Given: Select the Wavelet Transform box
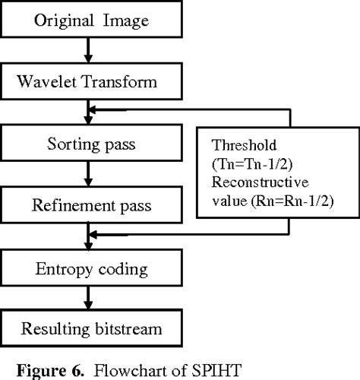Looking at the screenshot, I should point(90,80).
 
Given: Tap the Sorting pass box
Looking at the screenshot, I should point(90,141).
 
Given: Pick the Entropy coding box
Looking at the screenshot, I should point(90,268).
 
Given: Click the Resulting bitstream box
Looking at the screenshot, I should point(90,330).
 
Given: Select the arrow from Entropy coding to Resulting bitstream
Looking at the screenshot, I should point(90,299).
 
